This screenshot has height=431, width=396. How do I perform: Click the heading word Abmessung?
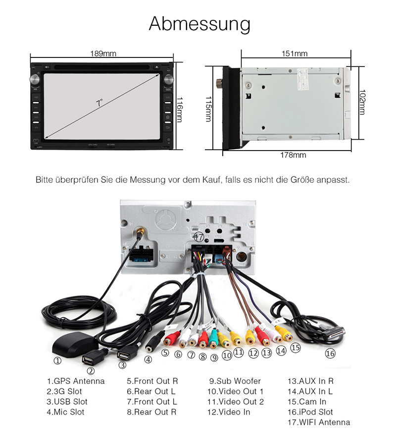199,24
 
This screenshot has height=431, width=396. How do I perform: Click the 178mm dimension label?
293,155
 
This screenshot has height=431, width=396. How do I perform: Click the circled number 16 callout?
330,354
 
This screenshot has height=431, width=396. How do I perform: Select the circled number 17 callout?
198,236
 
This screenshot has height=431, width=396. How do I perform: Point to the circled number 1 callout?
58,361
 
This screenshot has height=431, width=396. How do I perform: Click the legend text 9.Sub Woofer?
235,381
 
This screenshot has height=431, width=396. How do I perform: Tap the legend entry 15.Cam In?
306,402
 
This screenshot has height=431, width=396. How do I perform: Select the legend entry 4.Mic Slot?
65,412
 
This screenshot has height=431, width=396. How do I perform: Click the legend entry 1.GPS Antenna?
75,381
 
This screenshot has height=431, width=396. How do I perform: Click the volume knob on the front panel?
35,79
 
